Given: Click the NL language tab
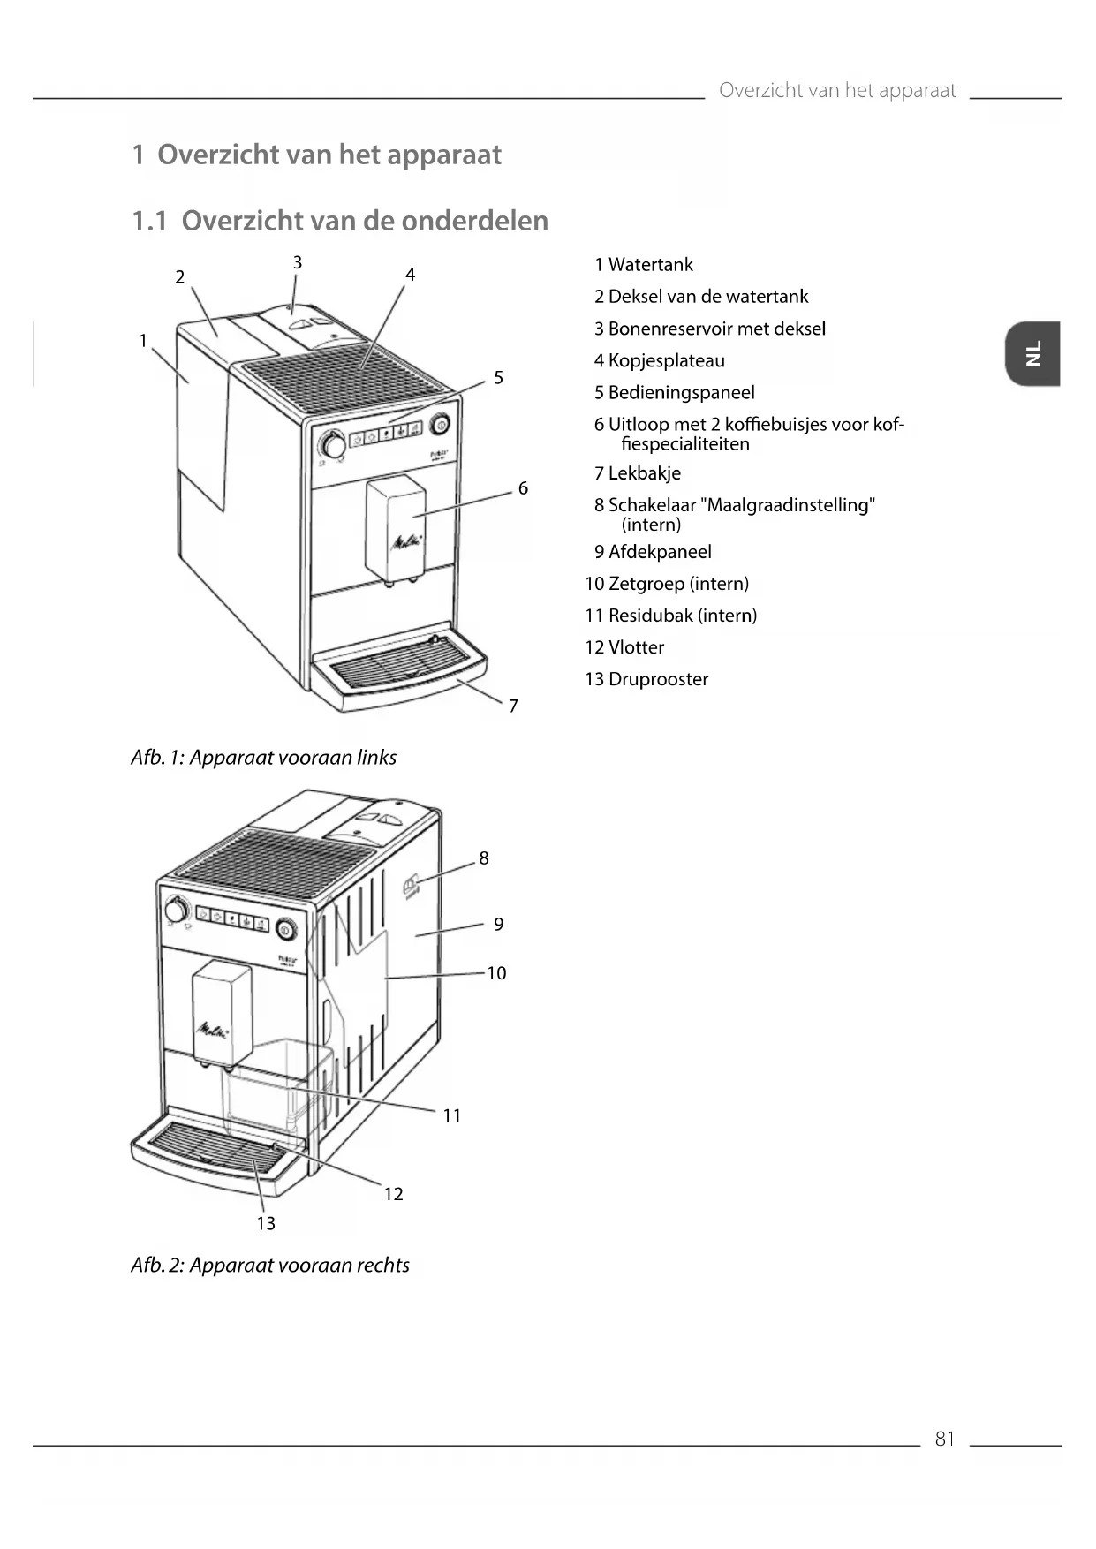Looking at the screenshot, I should pyautogui.click(x=1032, y=353).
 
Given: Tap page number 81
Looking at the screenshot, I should pyautogui.click(x=944, y=1439).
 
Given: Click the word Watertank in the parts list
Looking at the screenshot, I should pyautogui.click(x=650, y=265).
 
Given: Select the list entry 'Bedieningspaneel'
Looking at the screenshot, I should pyautogui.click(x=681, y=392).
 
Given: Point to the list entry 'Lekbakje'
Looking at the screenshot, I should pyautogui.click(x=644, y=473).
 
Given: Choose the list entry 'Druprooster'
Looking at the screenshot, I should pyautogui.click(x=658, y=679).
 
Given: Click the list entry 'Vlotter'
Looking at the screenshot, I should pyautogui.click(x=636, y=647).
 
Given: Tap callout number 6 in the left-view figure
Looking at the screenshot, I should pyautogui.click(x=523, y=488).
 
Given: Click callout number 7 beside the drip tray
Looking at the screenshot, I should pyautogui.click(x=513, y=706).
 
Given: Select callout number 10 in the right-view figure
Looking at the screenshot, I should pyautogui.click(x=496, y=973).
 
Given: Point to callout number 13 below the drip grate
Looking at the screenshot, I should pyautogui.click(x=266, y=1223).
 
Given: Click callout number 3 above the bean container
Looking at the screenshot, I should pyautogui.click(x=298, y=262).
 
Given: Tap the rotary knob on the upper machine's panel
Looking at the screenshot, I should pyautogui.click(x=333, y=444).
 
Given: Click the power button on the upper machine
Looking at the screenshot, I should pyautogui.click(x=441, y=425).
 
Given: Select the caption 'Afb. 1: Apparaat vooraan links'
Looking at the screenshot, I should pyautogui.click(x=263, y=758).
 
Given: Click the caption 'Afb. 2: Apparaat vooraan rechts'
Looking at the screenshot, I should pyautogui.click(x=269, y=1266).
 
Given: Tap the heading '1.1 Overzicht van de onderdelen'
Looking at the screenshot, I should pyautogui.click(x=340, y=221).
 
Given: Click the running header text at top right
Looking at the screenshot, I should pyautogui.click(x=836, y=90).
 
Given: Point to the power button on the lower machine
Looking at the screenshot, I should pyautogui.click(x=285, y=929).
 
